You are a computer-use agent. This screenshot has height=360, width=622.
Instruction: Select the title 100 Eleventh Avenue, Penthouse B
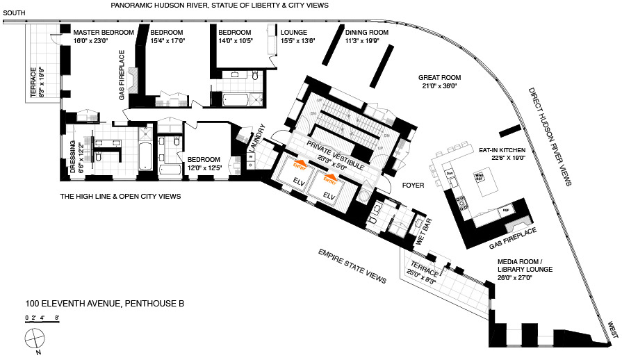105,303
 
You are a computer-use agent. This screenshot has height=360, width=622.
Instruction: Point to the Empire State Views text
352,265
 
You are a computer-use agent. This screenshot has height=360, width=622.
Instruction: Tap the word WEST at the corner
612,329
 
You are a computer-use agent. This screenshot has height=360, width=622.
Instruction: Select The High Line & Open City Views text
120,197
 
